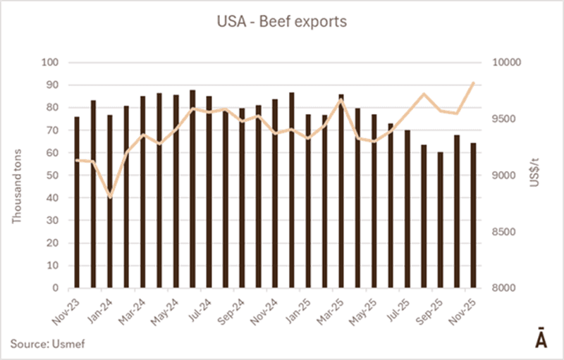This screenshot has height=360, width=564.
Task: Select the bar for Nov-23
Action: coord(77,202)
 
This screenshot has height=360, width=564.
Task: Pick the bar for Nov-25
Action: coord(473,216)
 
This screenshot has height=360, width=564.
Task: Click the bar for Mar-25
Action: coord(341,191)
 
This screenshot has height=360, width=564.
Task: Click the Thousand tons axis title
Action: coord(18,175)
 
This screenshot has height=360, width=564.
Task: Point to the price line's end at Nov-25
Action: coord(473,82)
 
